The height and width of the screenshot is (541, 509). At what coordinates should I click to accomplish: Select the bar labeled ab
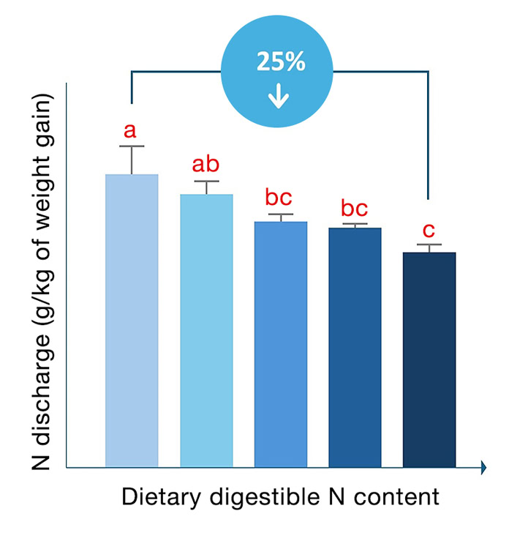206,330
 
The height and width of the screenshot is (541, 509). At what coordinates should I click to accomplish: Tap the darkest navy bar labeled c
429,359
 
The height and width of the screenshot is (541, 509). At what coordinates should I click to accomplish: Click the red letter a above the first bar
130,131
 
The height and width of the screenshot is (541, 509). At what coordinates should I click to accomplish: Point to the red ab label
206,164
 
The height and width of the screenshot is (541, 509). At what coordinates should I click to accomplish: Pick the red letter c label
429,228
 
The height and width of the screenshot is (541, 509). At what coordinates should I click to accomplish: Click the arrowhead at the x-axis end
483,468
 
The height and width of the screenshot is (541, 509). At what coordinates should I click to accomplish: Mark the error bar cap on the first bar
132,146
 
